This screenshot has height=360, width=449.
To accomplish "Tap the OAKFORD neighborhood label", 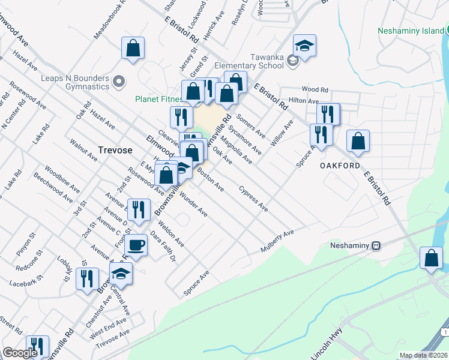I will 340,166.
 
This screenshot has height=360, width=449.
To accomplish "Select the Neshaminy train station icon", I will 376,245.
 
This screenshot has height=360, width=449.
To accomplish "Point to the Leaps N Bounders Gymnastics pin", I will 119,81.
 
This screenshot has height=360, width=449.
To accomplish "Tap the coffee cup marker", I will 136,245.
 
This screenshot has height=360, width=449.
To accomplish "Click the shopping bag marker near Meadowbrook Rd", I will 133,48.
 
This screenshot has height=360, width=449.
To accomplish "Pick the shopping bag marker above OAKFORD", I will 358,140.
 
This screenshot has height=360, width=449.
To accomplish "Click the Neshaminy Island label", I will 413,31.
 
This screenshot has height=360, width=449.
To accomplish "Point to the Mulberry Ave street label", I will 277,241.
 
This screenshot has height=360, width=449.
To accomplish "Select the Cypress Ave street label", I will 253,199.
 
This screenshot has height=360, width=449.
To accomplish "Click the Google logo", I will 20,353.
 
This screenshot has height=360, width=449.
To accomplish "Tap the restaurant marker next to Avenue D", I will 139,209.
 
